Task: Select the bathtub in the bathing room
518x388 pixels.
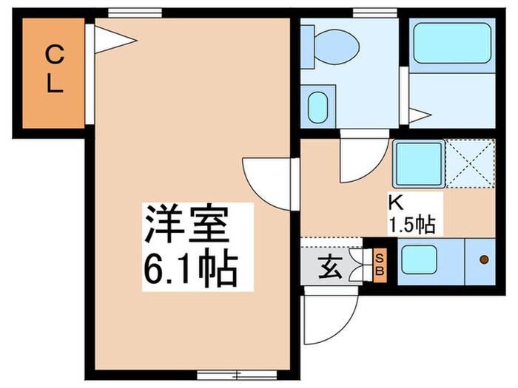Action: click(x=451, y=42)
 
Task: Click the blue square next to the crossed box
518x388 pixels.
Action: click(x=418, y=163)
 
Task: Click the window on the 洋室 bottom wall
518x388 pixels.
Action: click(x=222, y=374)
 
